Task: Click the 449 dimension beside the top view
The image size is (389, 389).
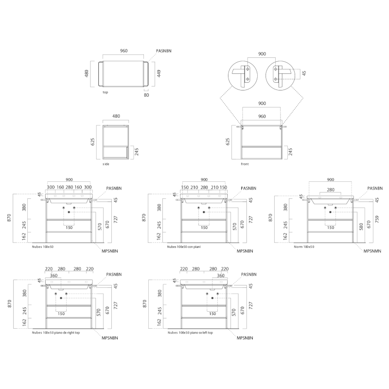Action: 159,73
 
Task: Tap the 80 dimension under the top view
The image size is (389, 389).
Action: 146,95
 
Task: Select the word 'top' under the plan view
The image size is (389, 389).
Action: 106,92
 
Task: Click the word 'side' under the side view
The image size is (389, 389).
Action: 106,164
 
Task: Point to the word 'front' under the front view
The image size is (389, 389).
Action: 245,164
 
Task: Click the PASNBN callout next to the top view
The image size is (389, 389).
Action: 164,51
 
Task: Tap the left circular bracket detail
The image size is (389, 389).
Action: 243,75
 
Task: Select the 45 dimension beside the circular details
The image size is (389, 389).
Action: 304,73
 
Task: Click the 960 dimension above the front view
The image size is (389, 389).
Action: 262,116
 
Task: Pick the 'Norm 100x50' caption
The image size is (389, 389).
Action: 304,247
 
